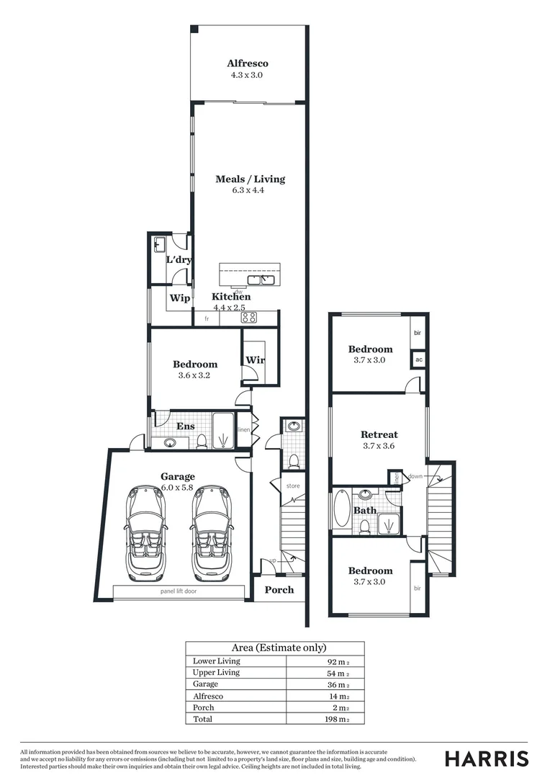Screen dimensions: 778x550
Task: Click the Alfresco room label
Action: click(247, 63)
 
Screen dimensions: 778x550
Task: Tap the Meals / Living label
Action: click(250, 179)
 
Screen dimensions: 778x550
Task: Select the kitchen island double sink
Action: click(257, 280)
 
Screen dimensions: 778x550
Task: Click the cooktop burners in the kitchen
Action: click(248, 317)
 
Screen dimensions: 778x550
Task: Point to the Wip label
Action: click(179, 298)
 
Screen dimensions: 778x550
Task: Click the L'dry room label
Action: click(179, 259)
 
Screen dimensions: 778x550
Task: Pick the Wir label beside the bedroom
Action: click(255, 359)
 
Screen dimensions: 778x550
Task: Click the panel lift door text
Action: click(179, 591)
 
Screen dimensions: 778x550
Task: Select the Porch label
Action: click(279, 589)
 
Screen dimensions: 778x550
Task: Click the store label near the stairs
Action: click(292, 486)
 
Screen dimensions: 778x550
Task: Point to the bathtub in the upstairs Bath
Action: click(341, 509)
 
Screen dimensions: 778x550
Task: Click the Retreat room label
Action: click(379, 434)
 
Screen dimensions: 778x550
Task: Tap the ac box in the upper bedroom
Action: click(418, 359)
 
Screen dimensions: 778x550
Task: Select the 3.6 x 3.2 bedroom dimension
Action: click(194, 375)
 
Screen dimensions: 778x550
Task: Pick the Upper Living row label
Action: click(216, 672)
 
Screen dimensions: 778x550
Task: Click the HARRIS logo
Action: click(486, 759)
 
